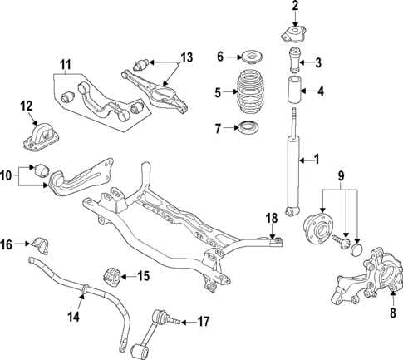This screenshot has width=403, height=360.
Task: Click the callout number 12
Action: [27, 106]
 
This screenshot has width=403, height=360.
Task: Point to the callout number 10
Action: [7, 175]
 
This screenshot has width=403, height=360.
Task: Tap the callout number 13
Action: [186, 57]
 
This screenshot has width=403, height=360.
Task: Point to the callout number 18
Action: [270, 219]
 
